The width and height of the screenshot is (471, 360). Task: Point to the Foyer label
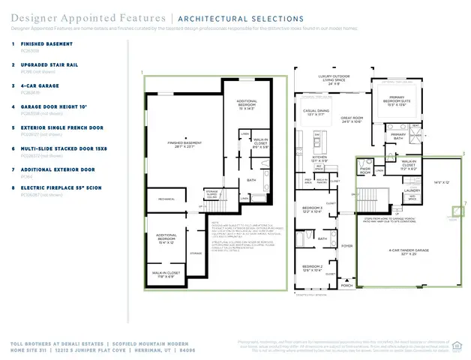click(346, 245)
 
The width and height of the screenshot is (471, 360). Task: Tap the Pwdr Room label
click(364, 169)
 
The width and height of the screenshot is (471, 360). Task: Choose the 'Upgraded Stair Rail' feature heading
click(50, 65)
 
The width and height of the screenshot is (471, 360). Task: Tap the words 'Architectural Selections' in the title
click(240, 17)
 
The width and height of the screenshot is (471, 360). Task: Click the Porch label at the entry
click(346, 286)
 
